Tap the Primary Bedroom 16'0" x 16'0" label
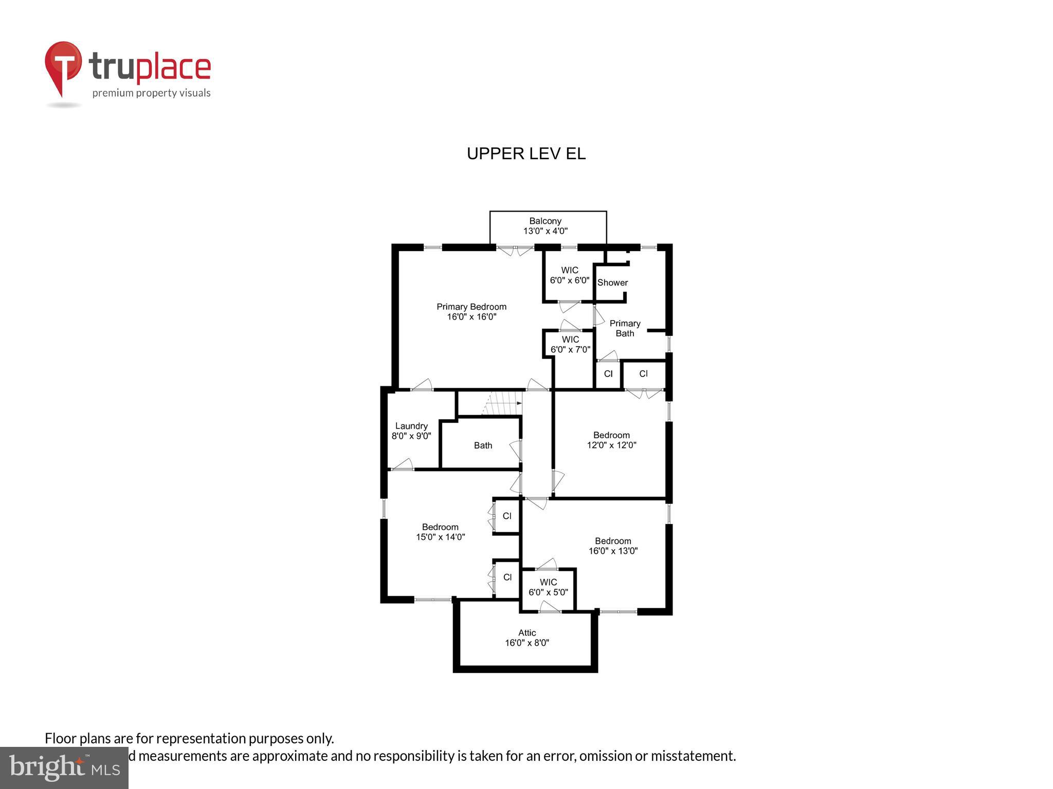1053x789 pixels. click(471, 312)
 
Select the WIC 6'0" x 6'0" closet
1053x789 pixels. click(569, 275)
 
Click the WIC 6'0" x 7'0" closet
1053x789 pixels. click(570, 345)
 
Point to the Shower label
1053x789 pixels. click(612, 283)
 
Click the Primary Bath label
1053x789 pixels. click(625, 328)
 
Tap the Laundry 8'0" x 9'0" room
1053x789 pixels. click(411, 431)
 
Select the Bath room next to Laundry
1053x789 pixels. click(483, 445)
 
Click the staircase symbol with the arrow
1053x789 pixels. click(501, 404)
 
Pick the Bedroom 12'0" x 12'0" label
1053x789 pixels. click(611, 440)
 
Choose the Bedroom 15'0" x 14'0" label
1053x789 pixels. click(440, 532)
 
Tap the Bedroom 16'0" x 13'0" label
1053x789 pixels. click(613, 546)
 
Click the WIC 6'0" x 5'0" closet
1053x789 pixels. click(548, 587)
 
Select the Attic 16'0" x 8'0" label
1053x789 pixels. click(526, 638)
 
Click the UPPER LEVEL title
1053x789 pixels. click(526, 154)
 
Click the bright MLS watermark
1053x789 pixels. click(64, 767)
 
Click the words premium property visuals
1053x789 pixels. click(151, 93)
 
